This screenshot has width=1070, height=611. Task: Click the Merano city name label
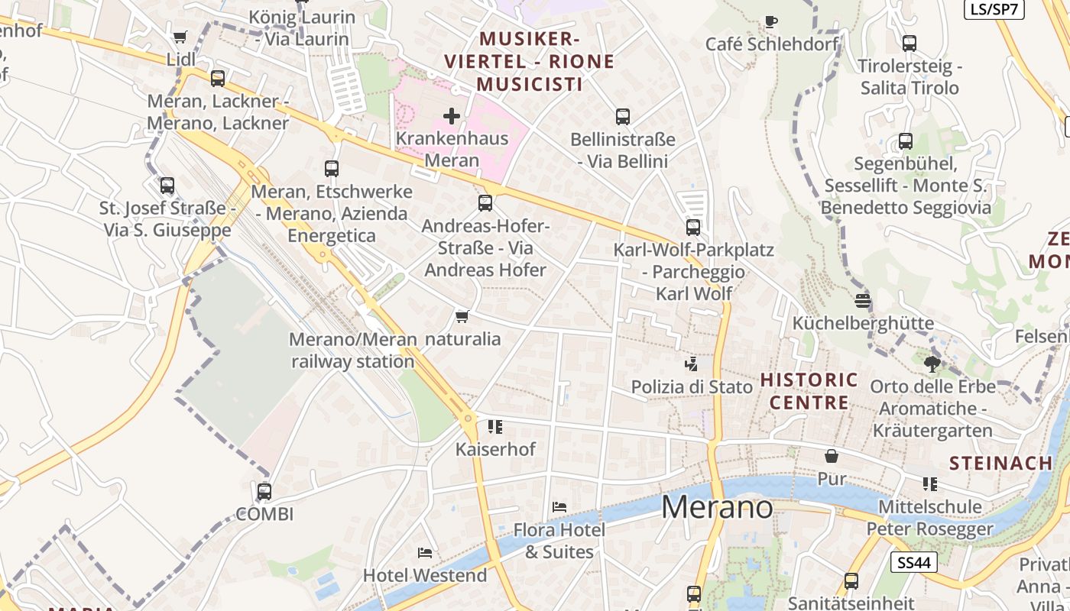pyautogui.click(x=717, y=508)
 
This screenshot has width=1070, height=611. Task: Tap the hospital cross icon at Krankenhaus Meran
pyautogui.click(x=452, y=116)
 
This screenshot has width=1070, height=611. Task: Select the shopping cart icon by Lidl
pyautogui.click(x=180, y=37)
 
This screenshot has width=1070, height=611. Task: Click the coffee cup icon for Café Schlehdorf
pyautogui.click(x=771, y=21)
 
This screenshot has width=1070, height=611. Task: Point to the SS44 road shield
pyautogui.click(x=914, y=563)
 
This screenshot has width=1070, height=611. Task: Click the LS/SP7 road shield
pyautogui.click(x=994, y=9)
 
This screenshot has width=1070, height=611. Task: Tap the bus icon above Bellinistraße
pyautogui.click(x=623, y=117)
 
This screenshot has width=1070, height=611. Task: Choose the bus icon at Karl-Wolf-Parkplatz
pyautogui.click(x=693, y=228)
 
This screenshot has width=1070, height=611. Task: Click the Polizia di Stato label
pyautogui.click(x=692, y=387)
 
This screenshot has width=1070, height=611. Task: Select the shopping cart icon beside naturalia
pyautogui.click(x=462, y=316)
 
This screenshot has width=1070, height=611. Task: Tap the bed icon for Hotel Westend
pyautogui.click(x=425, y=552)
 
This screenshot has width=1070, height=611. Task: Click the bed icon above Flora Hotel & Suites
pyautogui.click(x=559, y=507)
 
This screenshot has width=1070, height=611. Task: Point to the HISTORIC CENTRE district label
pyautogui.click(x=809, y=391)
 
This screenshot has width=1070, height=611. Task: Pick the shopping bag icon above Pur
pyautogui.click(x=832, y=456)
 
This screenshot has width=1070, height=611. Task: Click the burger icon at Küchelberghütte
pyautogui.click(x=863, y=301)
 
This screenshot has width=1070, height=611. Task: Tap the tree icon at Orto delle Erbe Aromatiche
pyautogui.click(x=932, y=364)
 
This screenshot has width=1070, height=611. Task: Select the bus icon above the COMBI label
pyautogui.click(x=264, y=492)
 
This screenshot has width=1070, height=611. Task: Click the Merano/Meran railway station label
pyautogui.click(x=353, y=351)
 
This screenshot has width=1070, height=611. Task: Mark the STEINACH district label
pyautogui.click(x=1001, y=463)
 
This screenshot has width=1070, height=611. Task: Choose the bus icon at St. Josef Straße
pyautogui.click(x=167, y=186)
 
